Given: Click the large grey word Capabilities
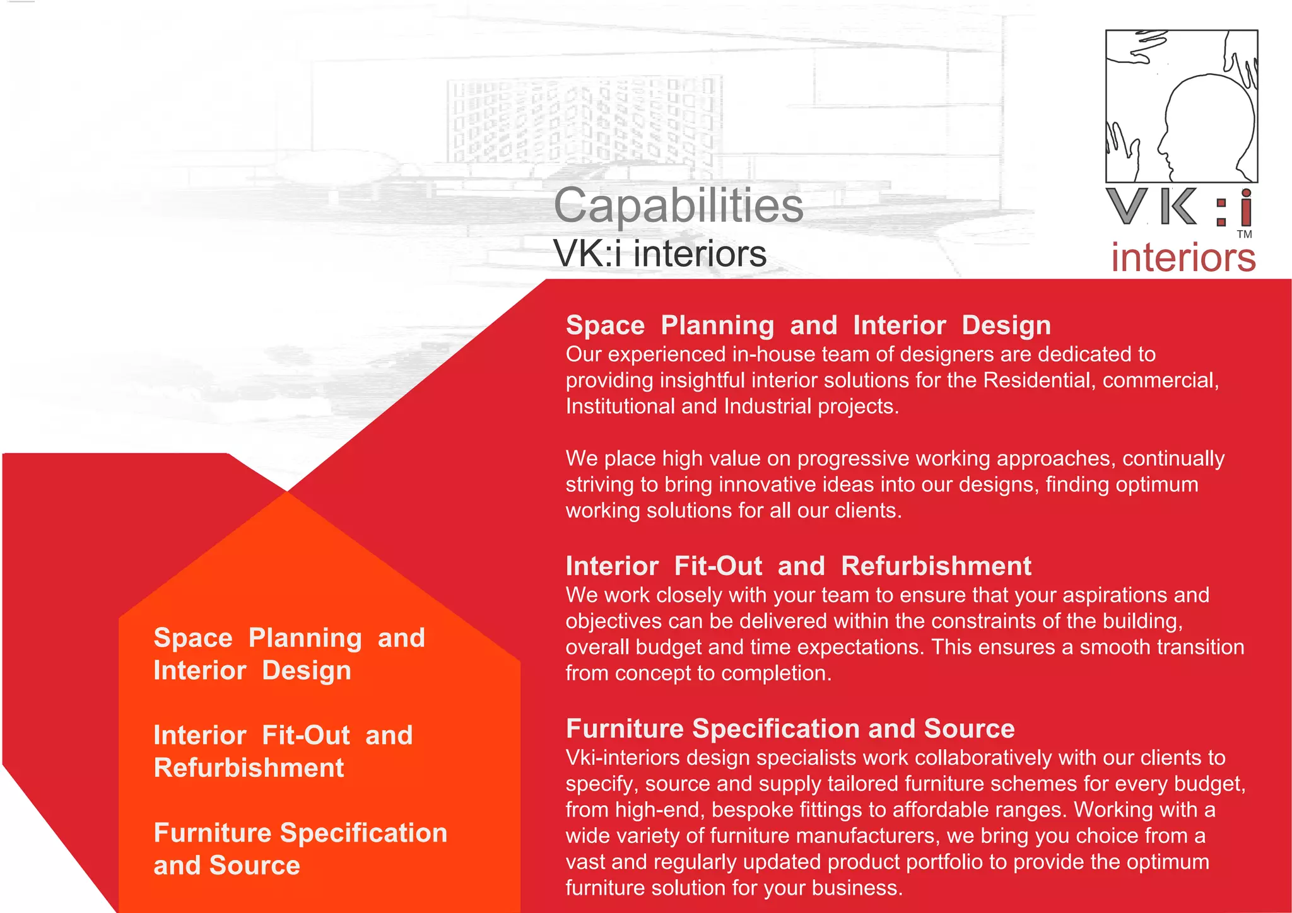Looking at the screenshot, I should click(678, 206).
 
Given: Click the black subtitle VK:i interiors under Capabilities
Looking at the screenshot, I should click(659, 254).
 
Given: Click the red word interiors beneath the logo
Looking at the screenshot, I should click(1183, 258).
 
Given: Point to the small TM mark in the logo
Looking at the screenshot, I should click(1244, 235).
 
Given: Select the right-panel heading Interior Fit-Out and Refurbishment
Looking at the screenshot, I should click(798, 566).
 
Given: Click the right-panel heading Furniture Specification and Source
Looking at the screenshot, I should click(790, 729).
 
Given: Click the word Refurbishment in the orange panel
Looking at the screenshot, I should click(249, 768).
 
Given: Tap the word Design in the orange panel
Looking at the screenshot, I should click(306, 671).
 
